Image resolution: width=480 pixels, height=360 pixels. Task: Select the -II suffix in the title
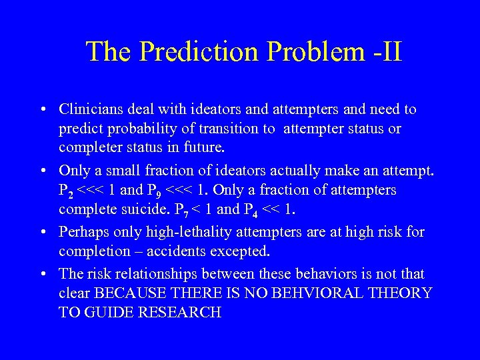coord(383,52)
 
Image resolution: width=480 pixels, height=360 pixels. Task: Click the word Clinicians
coord(89,109)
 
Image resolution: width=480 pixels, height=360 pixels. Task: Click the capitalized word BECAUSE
coord(129,293)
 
